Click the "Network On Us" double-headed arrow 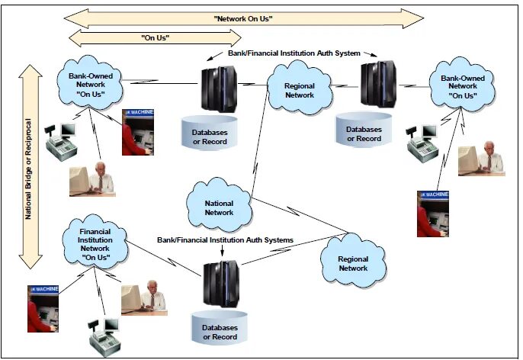[x=244, y=18]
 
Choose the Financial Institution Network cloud [x=95, y=242]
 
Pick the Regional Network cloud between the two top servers [x=299, y=89]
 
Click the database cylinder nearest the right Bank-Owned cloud [x=364, y=130]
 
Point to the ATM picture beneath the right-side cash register [x=432, y=213]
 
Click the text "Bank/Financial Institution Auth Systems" [x=225, y=239]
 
